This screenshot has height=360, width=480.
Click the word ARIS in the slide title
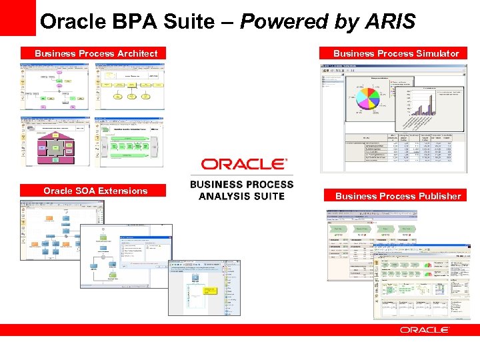click(x=391, y=22)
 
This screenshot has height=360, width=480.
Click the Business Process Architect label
click(x=96, y=53)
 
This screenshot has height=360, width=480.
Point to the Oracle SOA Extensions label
click(x=95, y=191)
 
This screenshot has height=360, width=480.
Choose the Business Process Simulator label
click(x=396, y=53)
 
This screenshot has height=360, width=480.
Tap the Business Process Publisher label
click(x=398, y=196)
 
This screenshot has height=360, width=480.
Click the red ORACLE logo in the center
click(x=245, y=164)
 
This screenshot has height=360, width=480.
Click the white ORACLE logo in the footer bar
click(x=425, y=330)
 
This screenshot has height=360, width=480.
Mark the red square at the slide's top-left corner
click(x=17, y=17)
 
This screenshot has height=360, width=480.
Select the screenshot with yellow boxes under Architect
click(x=129, y=85)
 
